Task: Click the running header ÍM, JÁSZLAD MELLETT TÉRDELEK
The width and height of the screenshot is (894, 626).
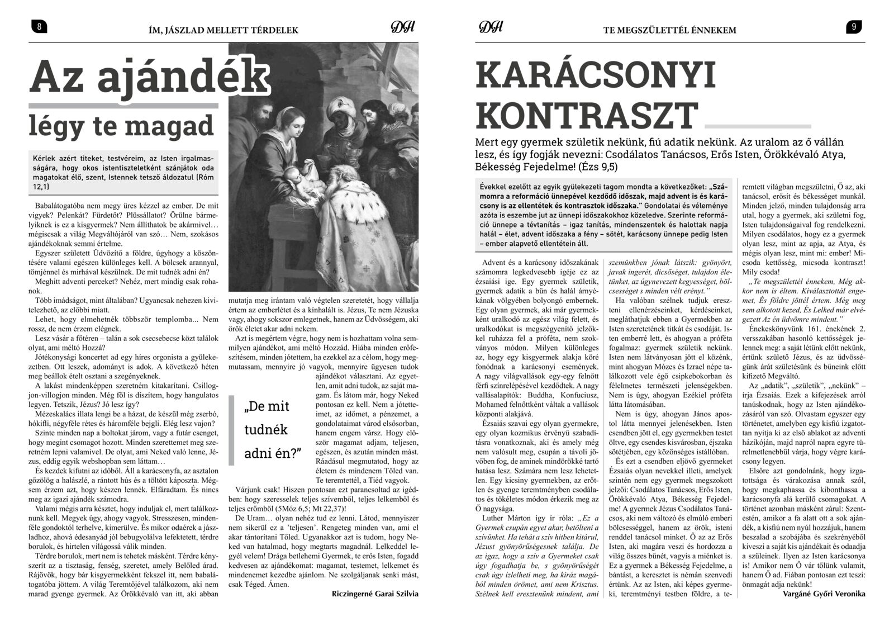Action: point(220,30)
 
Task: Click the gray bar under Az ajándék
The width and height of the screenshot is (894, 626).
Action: point(129,106)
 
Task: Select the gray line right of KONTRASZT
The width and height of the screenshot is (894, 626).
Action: point(754,126)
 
